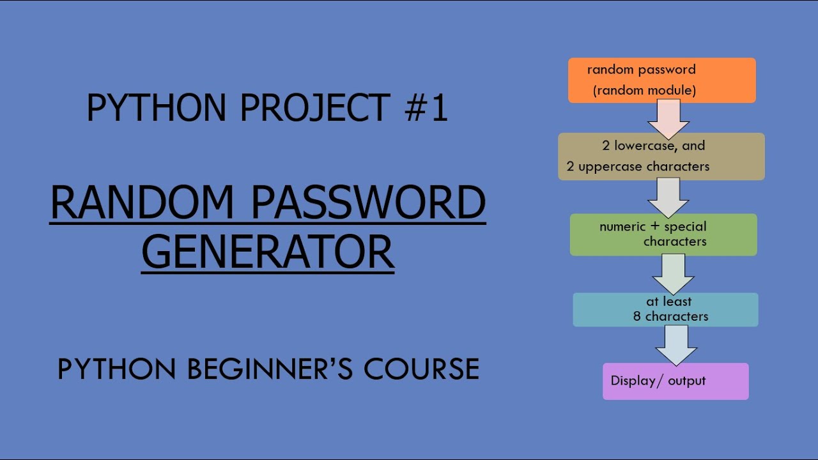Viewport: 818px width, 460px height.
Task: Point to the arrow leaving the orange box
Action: (668, 119)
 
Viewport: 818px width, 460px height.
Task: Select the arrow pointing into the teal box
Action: (673, 274)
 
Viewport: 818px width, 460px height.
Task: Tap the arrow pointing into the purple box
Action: (676, 346)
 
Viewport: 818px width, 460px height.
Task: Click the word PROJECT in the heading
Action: (316, 107)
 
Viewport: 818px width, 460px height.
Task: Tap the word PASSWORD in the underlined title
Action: (368, 203)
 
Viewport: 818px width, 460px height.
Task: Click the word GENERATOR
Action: (268, 252)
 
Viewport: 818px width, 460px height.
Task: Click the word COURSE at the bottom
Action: (422, 369)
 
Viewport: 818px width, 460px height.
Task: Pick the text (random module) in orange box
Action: (644, 91)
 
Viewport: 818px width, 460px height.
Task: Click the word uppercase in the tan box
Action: (616, 167)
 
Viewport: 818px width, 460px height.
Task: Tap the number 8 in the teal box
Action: (637, 316)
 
